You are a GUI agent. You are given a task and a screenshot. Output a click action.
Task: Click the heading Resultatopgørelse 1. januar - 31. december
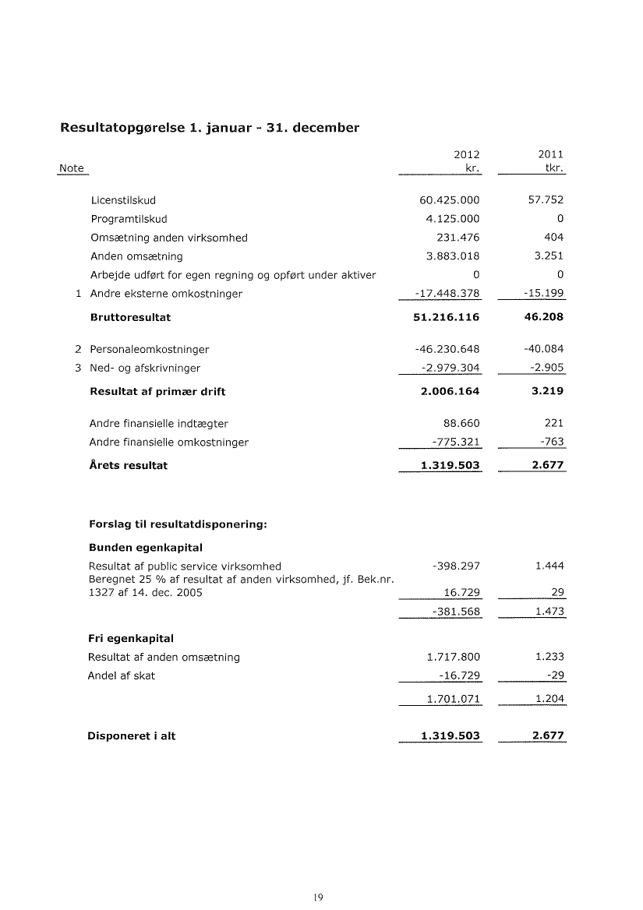click(x=210, y=128)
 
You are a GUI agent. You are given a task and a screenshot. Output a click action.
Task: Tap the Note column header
click(x=72, y=169)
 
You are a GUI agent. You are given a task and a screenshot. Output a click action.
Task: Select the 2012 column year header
click(x=466, y=154)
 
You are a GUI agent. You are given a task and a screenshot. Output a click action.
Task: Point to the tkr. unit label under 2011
click(x=553, y=169)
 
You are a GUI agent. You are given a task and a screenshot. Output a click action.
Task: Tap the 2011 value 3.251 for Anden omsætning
click(x=548, y=256)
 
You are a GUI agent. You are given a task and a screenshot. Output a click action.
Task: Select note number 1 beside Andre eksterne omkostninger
click(x=79, y=294)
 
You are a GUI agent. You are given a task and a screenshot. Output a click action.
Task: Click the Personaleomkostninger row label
click(x=150, y=349)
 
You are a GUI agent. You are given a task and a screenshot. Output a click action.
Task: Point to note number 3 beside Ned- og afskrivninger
click(x=79, y=368)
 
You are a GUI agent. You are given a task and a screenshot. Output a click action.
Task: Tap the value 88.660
click(x=461, y=424)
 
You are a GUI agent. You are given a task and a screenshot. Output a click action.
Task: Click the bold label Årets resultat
click(x=129, y=466)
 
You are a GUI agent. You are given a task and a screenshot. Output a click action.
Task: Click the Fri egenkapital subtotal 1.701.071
click(x=453, y=699)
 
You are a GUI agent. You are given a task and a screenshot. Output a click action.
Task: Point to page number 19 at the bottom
click(x=317, y=897)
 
